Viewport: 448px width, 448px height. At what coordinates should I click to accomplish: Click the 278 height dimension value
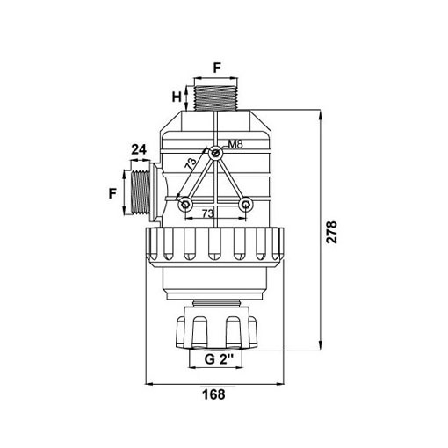pyautogui.click(x=332, y=233)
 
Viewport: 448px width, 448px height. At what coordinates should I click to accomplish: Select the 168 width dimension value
pyautogui.click(x=214, y=394)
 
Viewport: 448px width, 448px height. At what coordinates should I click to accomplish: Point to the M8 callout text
pyautogui.click(x=235, y=144)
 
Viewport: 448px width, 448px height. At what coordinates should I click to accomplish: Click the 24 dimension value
pyautogui.click(x=139, y=149)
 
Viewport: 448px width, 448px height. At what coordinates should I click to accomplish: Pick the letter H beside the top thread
pyautogui.click(x=177, y=97)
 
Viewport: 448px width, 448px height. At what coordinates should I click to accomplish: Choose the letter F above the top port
pyautogui.click(x=217, y=68)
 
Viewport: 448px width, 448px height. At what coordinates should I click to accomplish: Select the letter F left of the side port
pyautogui.click(x=112, y=193)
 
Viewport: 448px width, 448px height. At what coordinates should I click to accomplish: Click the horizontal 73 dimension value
pyautogui.click(x=207, y=213)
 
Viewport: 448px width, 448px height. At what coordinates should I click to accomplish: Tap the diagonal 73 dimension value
pyautogui.click(x=191, y=163)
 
